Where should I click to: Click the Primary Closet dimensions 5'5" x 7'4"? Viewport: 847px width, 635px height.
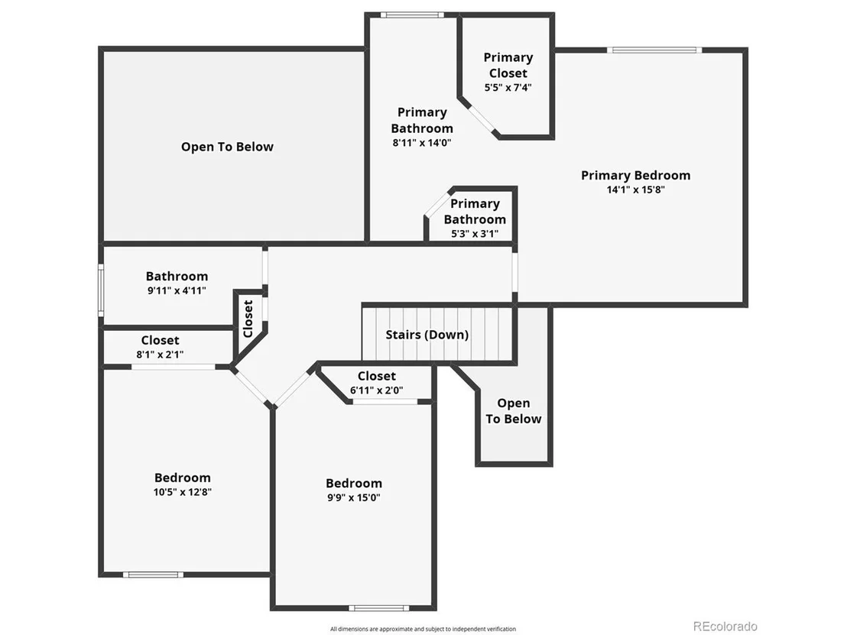coord(508,87)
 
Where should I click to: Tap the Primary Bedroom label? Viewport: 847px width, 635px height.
coord(636,176)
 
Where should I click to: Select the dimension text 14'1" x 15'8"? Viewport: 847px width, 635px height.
coord(636,190)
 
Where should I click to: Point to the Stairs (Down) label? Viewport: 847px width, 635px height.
coord(427,335)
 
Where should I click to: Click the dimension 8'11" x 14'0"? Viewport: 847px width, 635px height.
coord(422,143)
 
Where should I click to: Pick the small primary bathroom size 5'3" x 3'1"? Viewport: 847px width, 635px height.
coord(475,234)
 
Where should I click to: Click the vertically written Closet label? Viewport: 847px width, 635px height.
coord(248,319)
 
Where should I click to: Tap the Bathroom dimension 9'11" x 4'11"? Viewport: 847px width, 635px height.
coord(177,290)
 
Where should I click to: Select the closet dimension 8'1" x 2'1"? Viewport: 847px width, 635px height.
coord(160,355)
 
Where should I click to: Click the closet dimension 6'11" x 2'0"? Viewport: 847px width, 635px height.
coord(377,390)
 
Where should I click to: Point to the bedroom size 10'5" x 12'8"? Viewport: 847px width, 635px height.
coord(183,492)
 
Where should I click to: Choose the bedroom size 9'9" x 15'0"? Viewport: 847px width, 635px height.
coord(354,497)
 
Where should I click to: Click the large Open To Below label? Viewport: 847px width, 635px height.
coord(227,147)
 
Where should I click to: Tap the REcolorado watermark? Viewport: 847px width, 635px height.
coord(725,627)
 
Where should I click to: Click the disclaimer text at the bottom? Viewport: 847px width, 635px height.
coord(423,629)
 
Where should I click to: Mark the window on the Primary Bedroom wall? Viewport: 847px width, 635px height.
coord(654,50)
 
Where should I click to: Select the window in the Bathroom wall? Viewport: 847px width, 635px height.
coord(101,290)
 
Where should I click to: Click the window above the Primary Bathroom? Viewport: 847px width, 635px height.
coord(412,15)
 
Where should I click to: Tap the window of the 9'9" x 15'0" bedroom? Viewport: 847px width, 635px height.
coord(378,608)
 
